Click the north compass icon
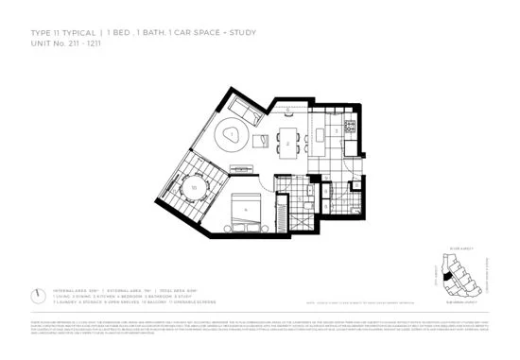(35, 295)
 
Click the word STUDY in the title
(242, 34)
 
